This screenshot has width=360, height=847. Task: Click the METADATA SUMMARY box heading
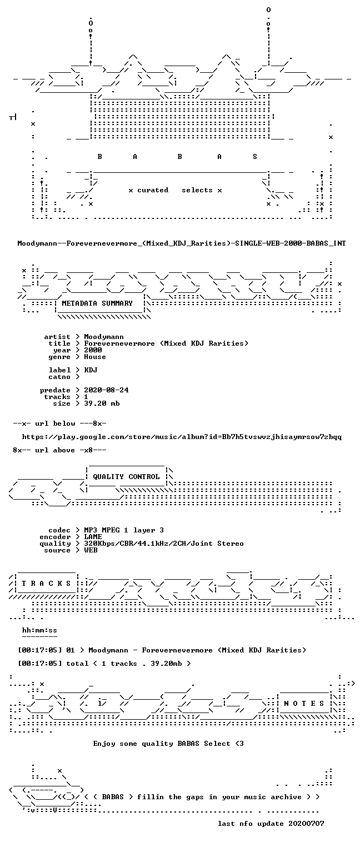[97, 303]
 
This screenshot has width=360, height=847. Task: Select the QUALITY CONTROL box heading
[126, 477]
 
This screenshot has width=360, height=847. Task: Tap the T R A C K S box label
[46, 584]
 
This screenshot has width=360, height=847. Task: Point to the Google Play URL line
[182, 437]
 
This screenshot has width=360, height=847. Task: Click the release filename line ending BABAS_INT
[182, 243]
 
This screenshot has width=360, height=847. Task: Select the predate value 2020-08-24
[106, 390]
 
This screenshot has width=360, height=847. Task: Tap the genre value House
[95, 357]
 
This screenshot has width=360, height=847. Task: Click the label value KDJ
[91, 370]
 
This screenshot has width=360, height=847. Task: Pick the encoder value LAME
[93, 537]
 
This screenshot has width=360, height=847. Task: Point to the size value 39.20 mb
[102, 403]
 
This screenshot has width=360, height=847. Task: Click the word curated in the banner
[153, 190]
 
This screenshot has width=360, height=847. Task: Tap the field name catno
[59, 377]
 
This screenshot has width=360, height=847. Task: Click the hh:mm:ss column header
[39, 631]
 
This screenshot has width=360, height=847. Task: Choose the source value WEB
[91, 550]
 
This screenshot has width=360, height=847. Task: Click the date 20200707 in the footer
[306, 824]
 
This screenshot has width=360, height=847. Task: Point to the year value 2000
[93, 350]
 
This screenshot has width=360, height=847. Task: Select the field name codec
[59, 530]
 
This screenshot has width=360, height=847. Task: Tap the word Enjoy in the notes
[104, 744]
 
